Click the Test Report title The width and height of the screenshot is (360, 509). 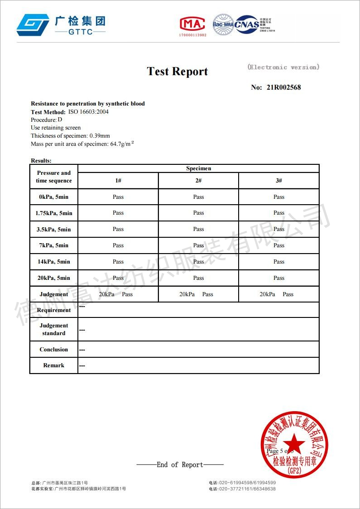click(x=177, y=72)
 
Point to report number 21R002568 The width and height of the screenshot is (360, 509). click(x=283, y=87)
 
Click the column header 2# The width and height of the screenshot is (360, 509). click(x=198, y=181)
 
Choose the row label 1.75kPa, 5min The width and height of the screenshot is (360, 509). click(x=54, y=213)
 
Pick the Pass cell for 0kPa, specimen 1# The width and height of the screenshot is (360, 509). click(x=118, y=197)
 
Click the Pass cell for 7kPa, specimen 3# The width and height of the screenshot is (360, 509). click(x=279, y=245)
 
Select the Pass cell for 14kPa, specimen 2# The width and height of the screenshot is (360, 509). click(x=198, y=262)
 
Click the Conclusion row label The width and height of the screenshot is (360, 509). click(x=53, y=350)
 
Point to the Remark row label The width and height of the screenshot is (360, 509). click(x=53, y=365)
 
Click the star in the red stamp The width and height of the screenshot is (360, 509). click(x=294, y=442)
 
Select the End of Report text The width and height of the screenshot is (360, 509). click(x=180, y=465)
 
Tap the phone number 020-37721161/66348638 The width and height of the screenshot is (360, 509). click(x=247, y=489)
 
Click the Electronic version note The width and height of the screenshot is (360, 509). click(x=283, y=67)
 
